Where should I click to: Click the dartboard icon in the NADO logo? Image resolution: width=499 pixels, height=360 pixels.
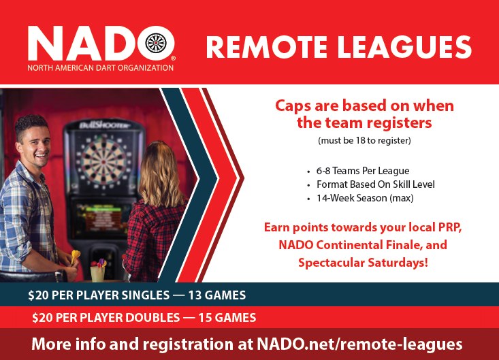pos(156,44)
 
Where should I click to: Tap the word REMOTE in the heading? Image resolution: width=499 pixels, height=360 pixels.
pos(266,47)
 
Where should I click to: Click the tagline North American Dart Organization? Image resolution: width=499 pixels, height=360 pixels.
pos(101,68)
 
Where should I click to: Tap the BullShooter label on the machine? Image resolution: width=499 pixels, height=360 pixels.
pos(105,125)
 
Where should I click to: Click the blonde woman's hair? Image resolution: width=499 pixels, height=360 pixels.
pos(161,174)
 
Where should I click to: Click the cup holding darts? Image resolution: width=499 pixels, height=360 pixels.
pos(97,274)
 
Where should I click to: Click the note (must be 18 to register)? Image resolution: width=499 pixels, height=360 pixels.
pos(364,141)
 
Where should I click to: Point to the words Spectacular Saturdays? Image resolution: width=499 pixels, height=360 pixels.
pos(363,263)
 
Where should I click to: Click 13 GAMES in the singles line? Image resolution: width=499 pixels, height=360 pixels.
pos(217,295)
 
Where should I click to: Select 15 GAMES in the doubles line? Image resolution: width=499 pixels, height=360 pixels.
pos(227,318)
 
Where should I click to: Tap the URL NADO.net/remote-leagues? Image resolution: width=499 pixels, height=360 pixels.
pos(359,344)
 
